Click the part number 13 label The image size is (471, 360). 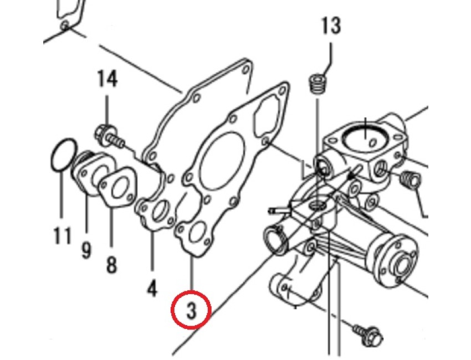pos(331,25)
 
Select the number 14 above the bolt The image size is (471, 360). pos(107,79)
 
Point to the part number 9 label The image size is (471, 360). pos(86,250)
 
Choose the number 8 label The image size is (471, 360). pos(111,265)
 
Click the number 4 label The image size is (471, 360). pos(152,288)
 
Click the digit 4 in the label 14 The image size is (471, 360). pos(112,79)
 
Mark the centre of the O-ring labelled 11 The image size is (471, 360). pos(63,155)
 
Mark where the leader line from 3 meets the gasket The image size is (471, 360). pos(192,257)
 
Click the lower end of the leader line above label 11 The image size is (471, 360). pos(62,218)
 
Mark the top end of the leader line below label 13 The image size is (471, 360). pos(331,44)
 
